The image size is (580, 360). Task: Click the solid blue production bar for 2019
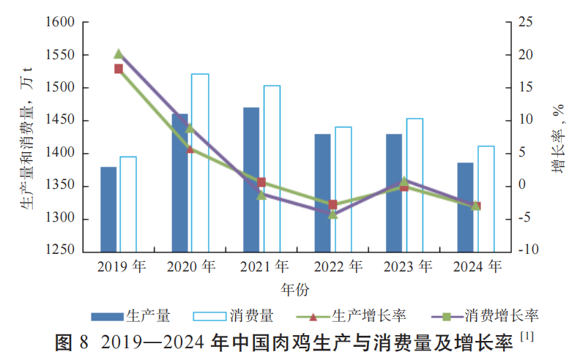pyautogui.click(x=108, y=209)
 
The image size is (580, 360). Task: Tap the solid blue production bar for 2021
pyautogui.click(x=251, y=179)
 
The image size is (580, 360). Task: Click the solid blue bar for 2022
pyautogui.click(x=322, y=192)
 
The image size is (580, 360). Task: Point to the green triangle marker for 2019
pyautogui.click(x=118, y=53)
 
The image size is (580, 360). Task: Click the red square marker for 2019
pyautogui.click(x=118, y=69)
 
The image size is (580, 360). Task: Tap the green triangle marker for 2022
pyautogui.click(x=332, y=214)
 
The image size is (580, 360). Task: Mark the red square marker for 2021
pyautogui.click(x=261, y=182)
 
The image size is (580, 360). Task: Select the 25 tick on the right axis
pyautogui.click(x=525, y=23)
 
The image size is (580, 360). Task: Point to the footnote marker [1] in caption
pyautogui.click(x=527, y=337)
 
